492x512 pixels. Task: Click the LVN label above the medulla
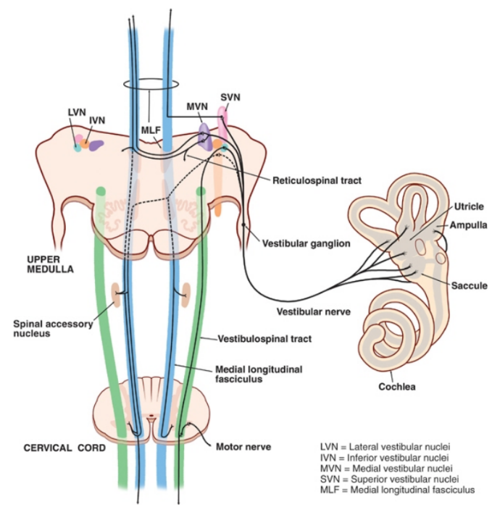point(77,112)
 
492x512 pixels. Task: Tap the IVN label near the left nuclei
point(98,120)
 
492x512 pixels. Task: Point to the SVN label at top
point(230,97)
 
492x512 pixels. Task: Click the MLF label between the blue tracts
point(150,129)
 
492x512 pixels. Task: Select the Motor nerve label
point(243,447)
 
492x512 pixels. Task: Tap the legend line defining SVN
point(386,478)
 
